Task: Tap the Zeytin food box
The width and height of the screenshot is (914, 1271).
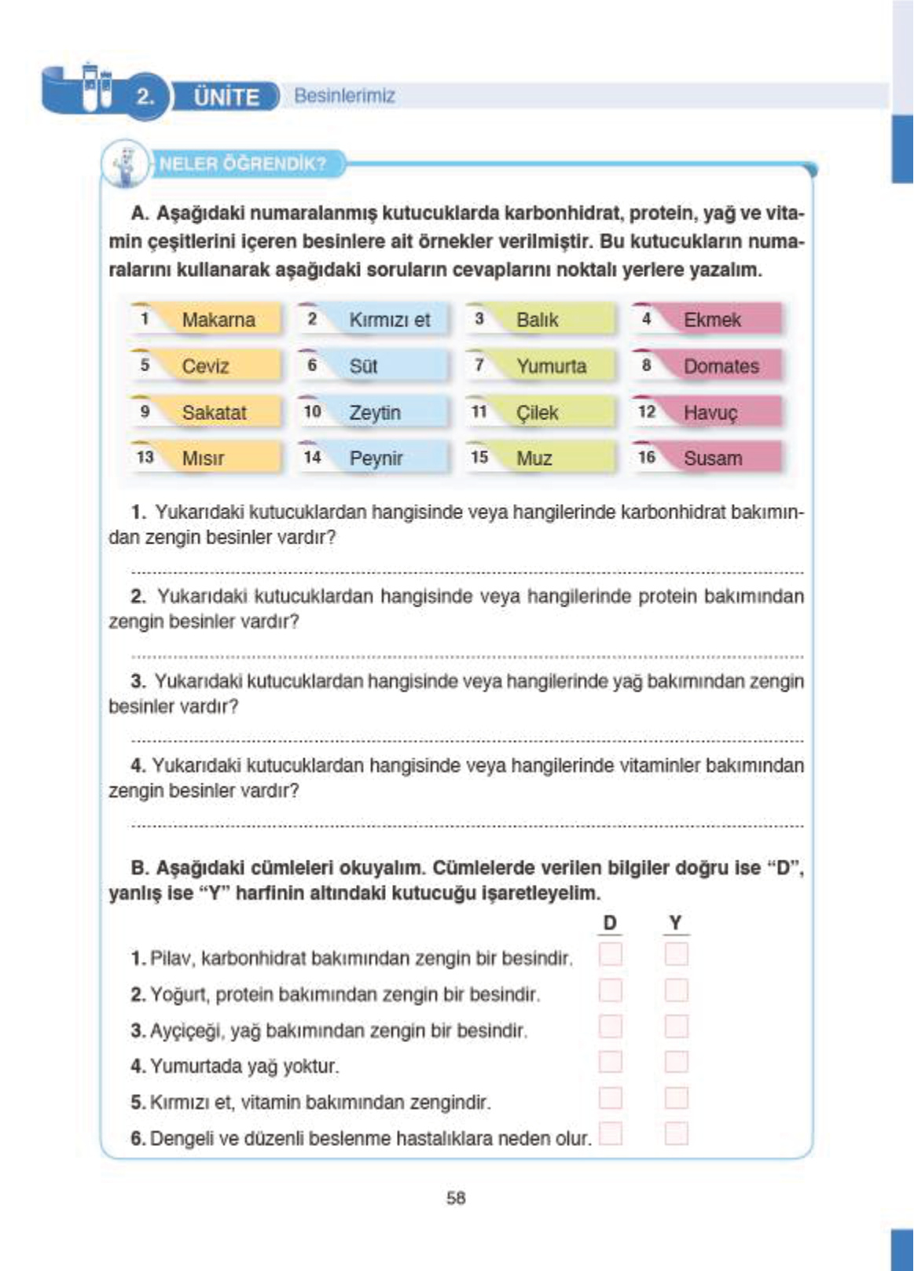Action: (x=374, y=412)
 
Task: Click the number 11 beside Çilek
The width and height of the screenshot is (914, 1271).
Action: (x=479, y=411)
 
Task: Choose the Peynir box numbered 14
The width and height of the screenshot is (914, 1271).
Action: (x=375, y=458)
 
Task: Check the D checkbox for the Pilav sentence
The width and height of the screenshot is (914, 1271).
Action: (x=610, y=954)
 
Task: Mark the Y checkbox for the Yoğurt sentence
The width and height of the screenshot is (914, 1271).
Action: (x=676, y=989)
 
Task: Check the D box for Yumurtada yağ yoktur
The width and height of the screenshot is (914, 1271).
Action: (x=610, y=1062)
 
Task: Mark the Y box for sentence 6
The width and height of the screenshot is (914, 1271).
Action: (x=676, y=1133)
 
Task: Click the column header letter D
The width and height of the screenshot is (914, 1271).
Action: (x=610, y=923)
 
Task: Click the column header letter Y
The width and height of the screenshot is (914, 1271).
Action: (x=675, y=923)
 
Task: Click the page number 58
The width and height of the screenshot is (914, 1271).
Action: (x=456, y=1198)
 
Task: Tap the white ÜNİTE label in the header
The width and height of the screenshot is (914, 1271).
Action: (x=226, y=97)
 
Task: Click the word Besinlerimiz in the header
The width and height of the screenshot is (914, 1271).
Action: (x=344, y=96)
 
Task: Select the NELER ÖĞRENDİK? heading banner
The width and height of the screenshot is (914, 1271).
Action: (x=242, y=164)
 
